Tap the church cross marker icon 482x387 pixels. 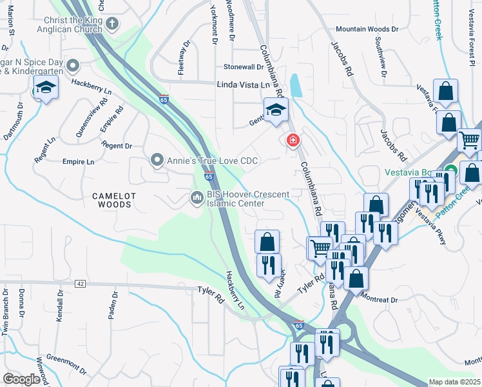point(112,25)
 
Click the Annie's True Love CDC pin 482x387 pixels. point(157,160)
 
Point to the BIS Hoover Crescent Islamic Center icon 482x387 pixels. point(197,197)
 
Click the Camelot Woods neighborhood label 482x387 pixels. point(111,200)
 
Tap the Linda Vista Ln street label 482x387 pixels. point(244,85)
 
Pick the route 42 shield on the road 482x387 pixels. point(80,283)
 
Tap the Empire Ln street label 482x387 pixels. point(79,161)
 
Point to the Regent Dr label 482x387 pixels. point(117,146)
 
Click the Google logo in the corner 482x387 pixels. point(21,379)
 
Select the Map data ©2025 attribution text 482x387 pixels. point(455,382)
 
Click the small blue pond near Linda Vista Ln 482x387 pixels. point(296,85)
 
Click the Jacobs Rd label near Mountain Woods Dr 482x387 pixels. point(343,61)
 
